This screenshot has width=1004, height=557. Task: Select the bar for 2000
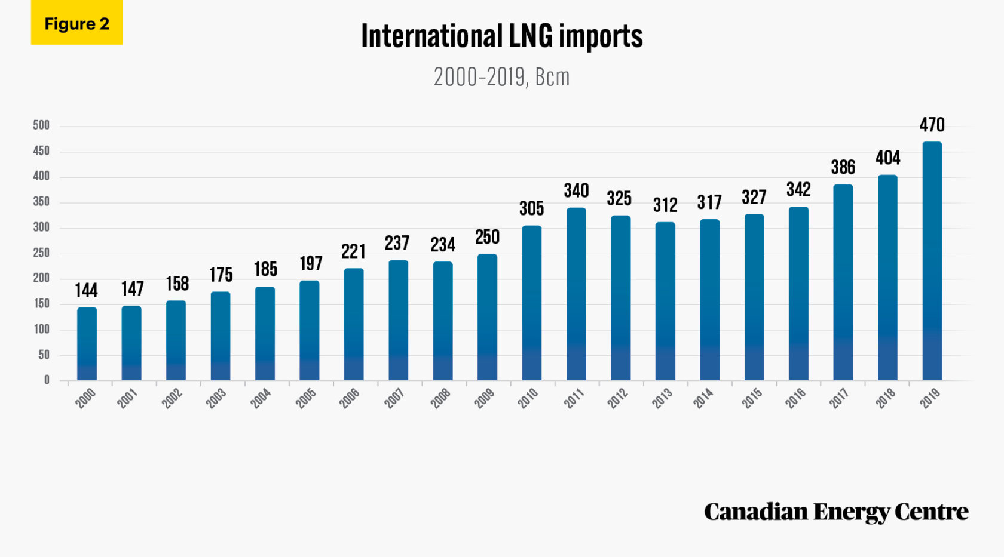(x=87, y=344)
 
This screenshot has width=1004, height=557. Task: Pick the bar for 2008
(x=443, y=321)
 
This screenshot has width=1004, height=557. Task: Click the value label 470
(x=932, y=125)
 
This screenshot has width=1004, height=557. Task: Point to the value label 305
(x=531, y=208)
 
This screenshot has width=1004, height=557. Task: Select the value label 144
(x=86, y=290)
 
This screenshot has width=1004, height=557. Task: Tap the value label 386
(x=843, y=167)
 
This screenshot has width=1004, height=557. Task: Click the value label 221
(x=353, y=251)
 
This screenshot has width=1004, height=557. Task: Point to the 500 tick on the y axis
(x=41, y=125)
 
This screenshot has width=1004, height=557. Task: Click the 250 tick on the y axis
(x=41, y=253)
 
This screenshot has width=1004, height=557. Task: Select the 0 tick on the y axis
(x=47, y=380)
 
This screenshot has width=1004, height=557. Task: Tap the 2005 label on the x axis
(x=306, y=398)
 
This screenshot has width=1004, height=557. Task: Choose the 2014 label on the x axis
(x=703, y=398)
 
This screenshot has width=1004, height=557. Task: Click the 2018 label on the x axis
(x=886, y=398)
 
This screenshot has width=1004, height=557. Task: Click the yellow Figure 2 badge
(x=76, y=23)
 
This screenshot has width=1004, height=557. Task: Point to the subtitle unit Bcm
(x=552, y=78)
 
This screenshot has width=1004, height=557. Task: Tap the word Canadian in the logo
(x=756, y=512)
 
